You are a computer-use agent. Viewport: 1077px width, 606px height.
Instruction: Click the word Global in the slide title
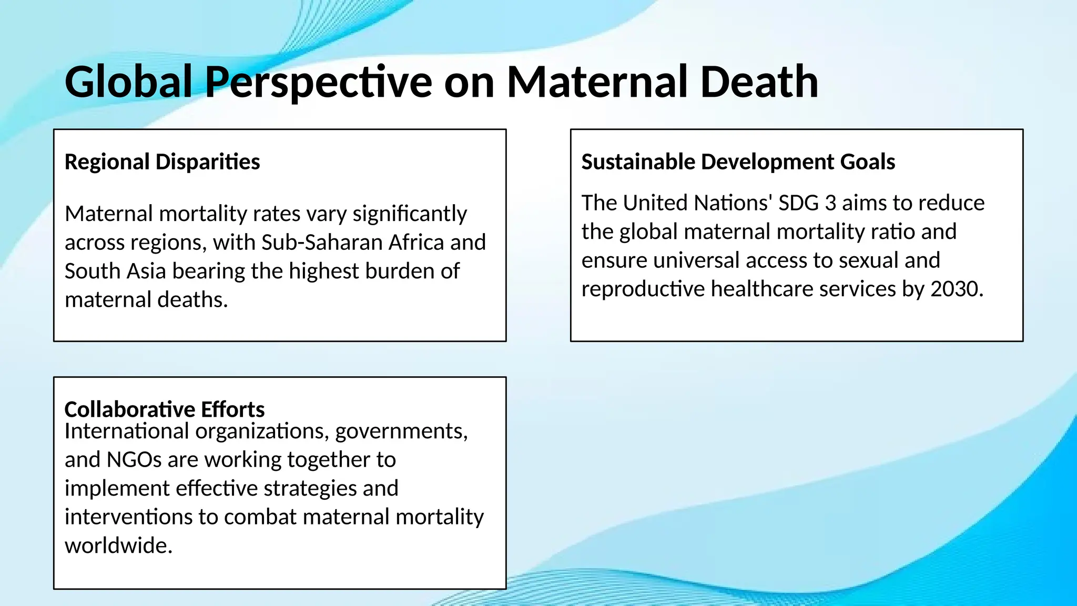[x=128, y=82]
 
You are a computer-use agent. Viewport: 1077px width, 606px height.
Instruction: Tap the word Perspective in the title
[x=318, y=83]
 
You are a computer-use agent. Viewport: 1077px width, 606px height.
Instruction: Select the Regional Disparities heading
[x=162, y=161]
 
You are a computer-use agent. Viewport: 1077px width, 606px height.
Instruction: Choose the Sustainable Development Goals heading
[x=738, y=161]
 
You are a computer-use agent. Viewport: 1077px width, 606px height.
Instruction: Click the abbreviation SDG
[x=799, y=203]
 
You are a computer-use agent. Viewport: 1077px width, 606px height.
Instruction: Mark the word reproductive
[x=643, y=289]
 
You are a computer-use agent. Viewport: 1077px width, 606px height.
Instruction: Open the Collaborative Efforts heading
[x=164, y=409]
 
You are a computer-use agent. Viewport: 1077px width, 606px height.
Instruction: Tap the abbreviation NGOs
[x=134, y=460]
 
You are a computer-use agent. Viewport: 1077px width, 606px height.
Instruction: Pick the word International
[x=127, y=431]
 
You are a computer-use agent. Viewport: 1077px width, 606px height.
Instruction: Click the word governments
[x=401, y=432]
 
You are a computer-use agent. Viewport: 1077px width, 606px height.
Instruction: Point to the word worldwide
[x=118, y=546]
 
